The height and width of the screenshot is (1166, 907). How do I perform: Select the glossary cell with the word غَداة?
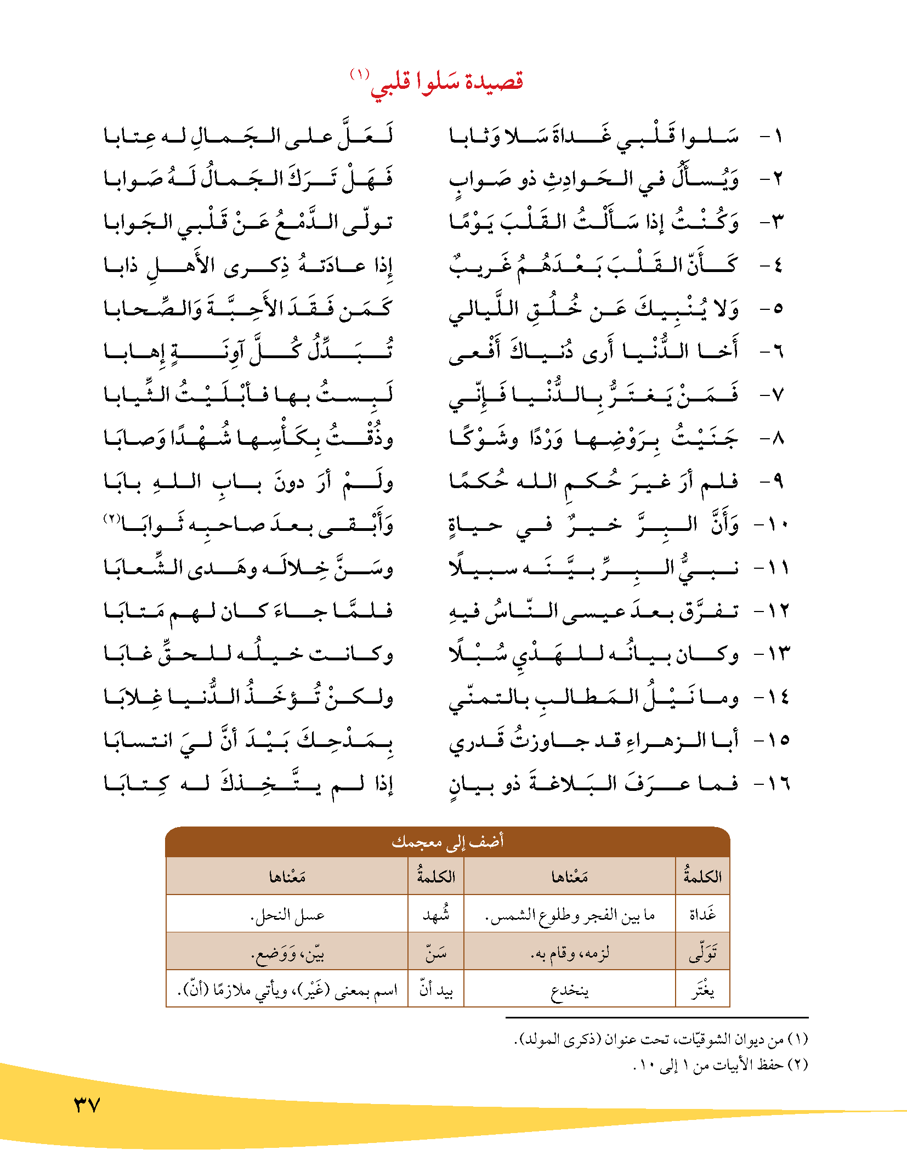(x=702, y=914)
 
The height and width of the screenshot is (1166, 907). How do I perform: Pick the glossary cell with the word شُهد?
(x=436, y=914)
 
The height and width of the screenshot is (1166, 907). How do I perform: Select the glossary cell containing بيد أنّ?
(x=436, y=990)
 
